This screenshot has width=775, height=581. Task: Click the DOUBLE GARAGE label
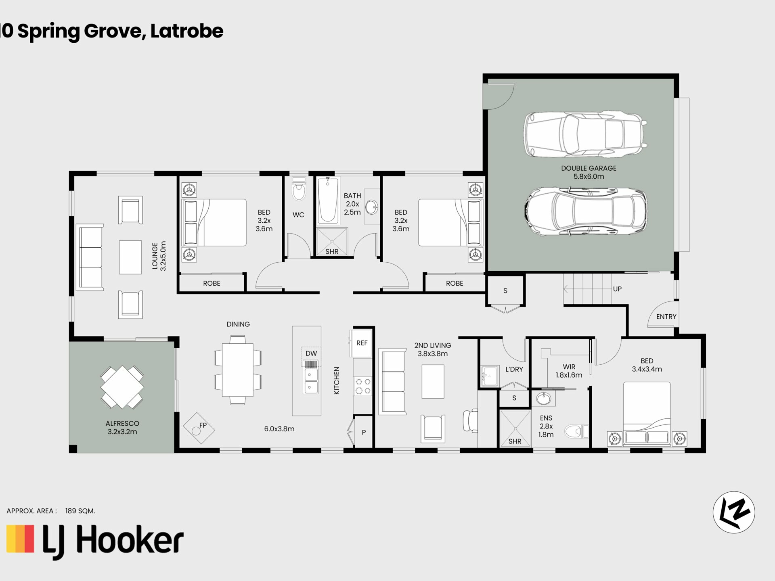pos(589,172)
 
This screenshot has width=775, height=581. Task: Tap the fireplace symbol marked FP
pos(199,428)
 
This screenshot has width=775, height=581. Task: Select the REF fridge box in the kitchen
pos(362,343)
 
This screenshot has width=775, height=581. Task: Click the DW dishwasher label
pos(311,353)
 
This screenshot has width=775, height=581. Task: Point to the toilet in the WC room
pos(299,189)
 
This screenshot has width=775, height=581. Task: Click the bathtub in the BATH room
pos(328,200)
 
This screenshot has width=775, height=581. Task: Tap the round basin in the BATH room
pos(372,208)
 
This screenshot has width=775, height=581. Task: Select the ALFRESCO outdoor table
pos(122,387)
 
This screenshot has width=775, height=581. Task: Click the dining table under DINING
pos(238,370)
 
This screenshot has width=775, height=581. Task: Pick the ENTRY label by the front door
pos(666,317)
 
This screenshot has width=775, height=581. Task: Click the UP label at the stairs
pos(617,289)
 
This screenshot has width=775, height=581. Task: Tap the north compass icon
pos(734,512)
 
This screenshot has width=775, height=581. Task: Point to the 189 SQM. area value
pos(80,511)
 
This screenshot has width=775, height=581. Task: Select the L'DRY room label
pos(514,369)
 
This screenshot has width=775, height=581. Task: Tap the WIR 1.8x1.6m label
pos(569,371)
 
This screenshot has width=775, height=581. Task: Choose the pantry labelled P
pos(363,432)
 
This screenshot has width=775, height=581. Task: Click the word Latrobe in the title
pos(187,31)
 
